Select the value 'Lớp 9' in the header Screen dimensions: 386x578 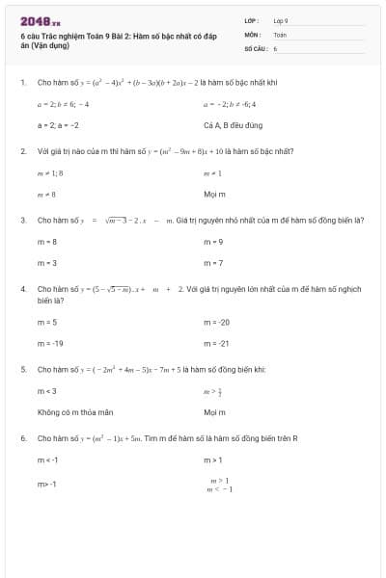click(281, 20)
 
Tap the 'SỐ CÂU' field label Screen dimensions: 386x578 click(254, 47)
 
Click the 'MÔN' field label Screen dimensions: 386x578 click(252, 34)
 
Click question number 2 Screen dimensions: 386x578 click(22, 151)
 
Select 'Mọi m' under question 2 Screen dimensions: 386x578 click(213, 194)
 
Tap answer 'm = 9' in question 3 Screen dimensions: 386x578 click(214, 242)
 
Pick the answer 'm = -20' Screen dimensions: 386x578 click(217, 322)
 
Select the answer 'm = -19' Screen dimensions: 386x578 click(50, 343)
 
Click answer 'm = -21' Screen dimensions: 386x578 click(217, 343)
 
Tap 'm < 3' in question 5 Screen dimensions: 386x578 click(47, 391)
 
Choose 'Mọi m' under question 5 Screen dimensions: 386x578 click(213, 412)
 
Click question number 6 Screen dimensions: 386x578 click(22, 438)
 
